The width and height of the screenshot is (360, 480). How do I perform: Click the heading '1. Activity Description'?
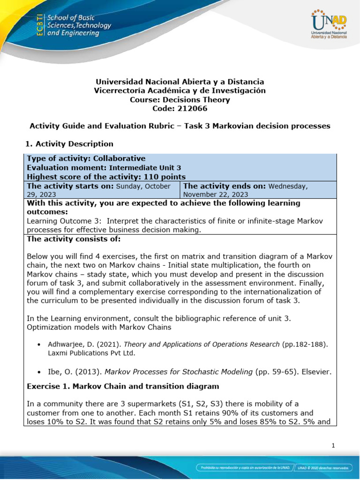tap(70, 143)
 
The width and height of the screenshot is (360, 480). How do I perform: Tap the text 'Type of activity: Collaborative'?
tap(86, 158)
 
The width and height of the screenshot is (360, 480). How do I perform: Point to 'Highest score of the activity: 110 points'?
tap(106, 177)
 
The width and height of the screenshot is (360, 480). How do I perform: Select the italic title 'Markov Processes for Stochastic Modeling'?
tap(178, 372)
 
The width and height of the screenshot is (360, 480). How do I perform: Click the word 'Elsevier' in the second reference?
tap(319, 372)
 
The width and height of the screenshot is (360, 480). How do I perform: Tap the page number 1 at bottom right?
tap(333, 446)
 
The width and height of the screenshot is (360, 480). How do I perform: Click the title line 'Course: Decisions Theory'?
tap(180, 99)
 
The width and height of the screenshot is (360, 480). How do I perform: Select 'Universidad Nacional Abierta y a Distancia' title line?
tap(180, 82)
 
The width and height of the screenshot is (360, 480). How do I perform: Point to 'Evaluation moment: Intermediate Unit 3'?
tap(104, 167)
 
